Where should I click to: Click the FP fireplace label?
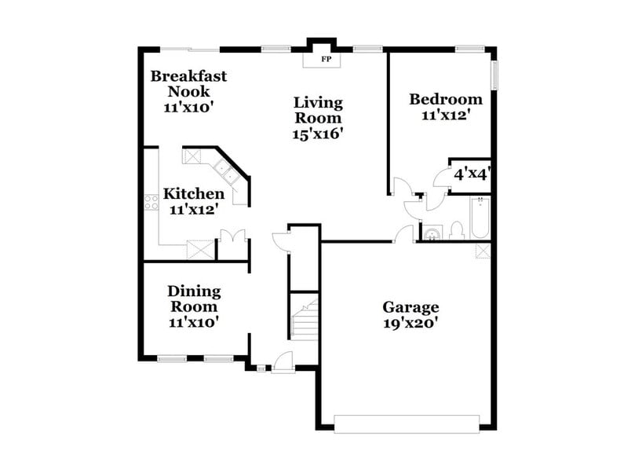point(324,59)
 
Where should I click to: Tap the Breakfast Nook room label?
point(188,83)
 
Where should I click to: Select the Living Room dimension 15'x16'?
point(319,134)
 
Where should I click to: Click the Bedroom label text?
point(446,100)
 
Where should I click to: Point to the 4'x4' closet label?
point(471,174)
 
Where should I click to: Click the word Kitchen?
point(194,194)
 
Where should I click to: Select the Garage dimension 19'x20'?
point(411,322)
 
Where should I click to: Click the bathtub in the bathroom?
point(480,218)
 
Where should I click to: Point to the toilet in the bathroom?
point(457,230)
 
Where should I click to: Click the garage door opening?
point(407,423)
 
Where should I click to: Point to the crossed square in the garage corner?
point(484,251)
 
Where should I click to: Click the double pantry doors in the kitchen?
point(233,235)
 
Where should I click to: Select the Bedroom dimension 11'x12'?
point(446,115)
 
